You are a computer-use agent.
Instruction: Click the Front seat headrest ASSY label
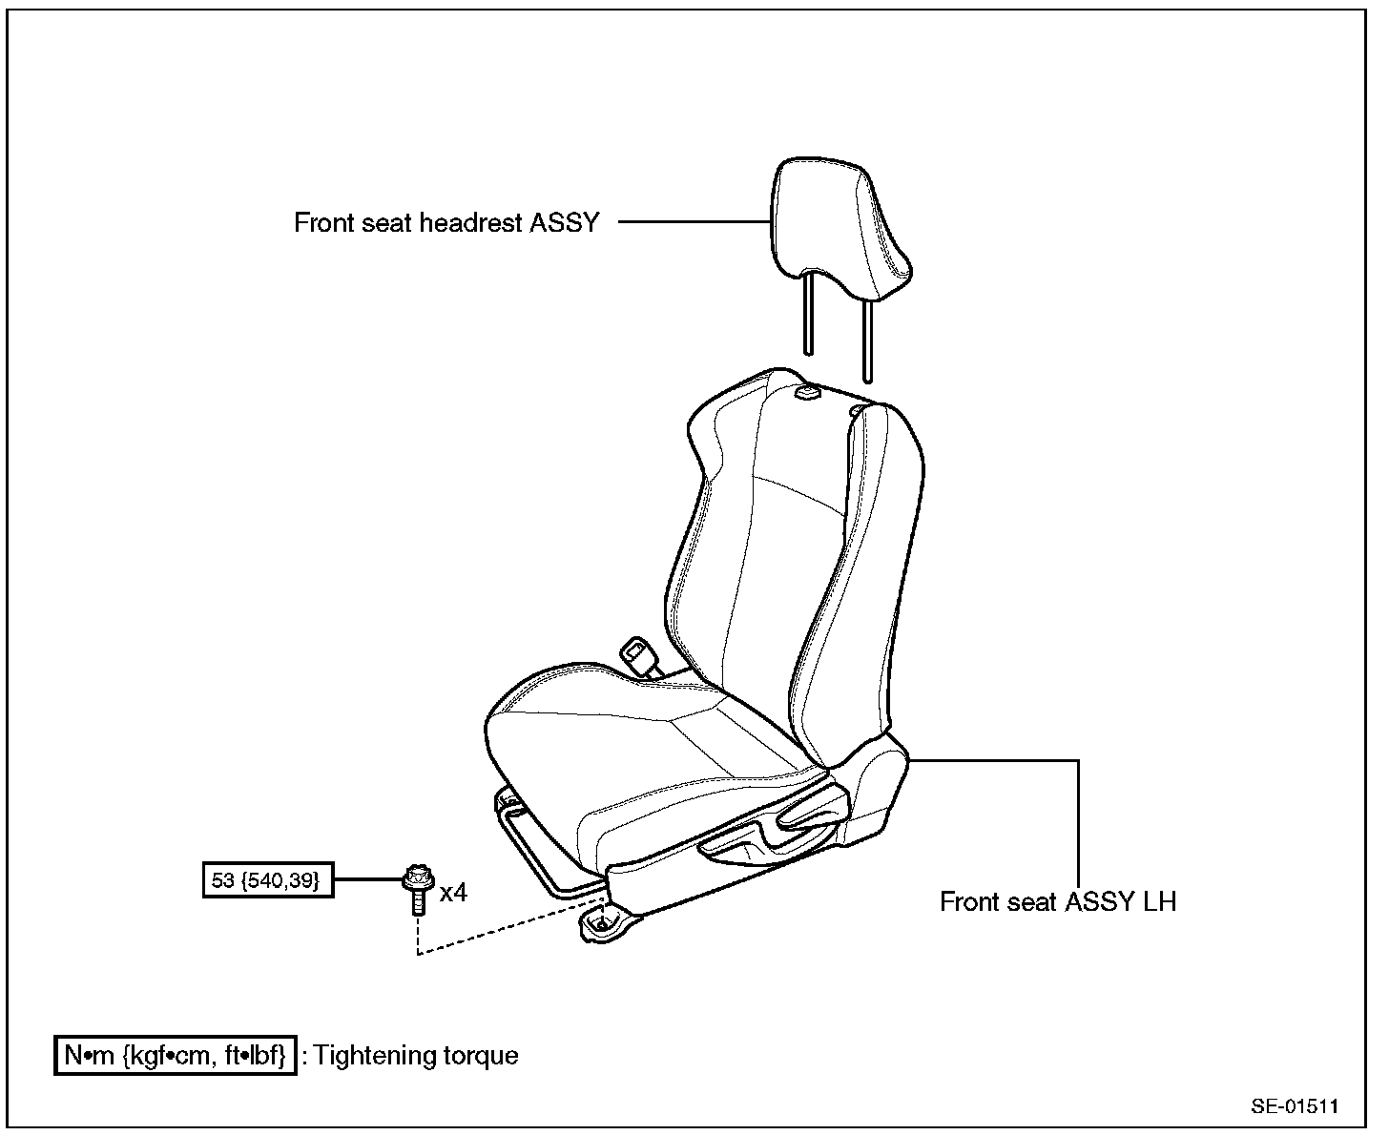click(x=446, y=223)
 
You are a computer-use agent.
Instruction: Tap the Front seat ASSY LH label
click(x=1057, y=901)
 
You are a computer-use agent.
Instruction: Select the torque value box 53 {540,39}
click(x=269, y=879)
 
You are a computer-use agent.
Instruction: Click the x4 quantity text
click(x=453, y=894)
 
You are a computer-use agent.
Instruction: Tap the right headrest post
click(x=867, y=339)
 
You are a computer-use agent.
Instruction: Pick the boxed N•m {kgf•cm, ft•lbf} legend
click(x=176, y=1056)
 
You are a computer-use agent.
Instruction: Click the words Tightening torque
click(x=416, y=1056)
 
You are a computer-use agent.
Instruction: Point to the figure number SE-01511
click(x=1294, y=1106)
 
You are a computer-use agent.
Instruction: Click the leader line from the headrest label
click(x=694, y=222)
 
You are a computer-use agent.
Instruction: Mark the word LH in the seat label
click(x=1159, y=901)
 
